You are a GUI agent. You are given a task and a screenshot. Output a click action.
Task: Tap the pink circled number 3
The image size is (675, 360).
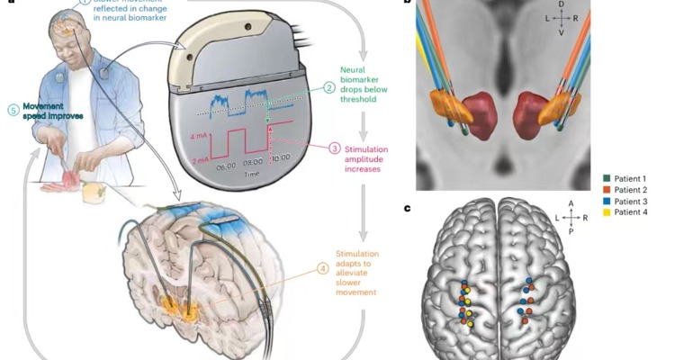(x=334, y=148)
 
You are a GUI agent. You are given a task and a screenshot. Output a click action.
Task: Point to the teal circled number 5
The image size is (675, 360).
(x=11, y=111)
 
